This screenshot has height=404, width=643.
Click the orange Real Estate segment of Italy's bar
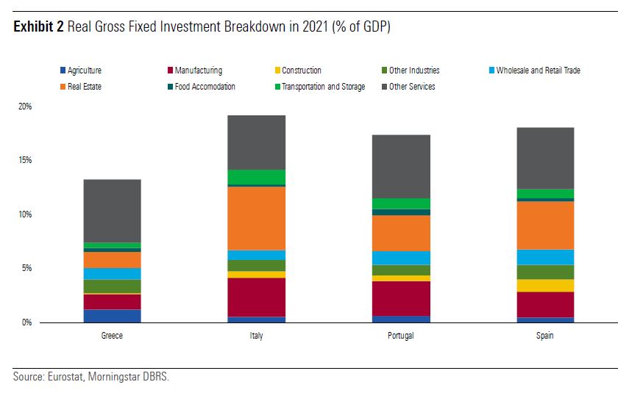pyautogui.click(x=256, y=218)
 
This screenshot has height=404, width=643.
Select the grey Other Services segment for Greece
pyautogui.click(x=112, y=211)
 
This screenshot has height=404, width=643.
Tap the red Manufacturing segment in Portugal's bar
pyautogui.click(x=401, y=298)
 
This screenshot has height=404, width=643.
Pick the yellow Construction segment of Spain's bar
pyautogui.click(x=545, y=286)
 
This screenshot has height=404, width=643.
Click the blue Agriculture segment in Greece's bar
pyautogui.click(x=112, y=316)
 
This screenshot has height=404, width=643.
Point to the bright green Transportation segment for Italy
pyautogui.click(x=256, y=177)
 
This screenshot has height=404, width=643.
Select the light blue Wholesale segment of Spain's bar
pyautogui.click(x=545, y=257)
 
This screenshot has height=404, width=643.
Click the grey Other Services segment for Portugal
pyautogui.click(x=401, y=166)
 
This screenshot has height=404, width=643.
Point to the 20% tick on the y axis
pyautogui.click(x=25, y=107)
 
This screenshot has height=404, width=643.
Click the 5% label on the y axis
pyautogui.click(x=26, y=268)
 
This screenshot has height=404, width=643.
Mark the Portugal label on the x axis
pyautogui.click(x=401, y=336)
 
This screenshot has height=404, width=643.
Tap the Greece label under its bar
pyautogui.click(x=112, y=336)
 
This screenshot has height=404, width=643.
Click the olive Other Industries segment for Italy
pyautogui.click(x=256, y=265)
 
